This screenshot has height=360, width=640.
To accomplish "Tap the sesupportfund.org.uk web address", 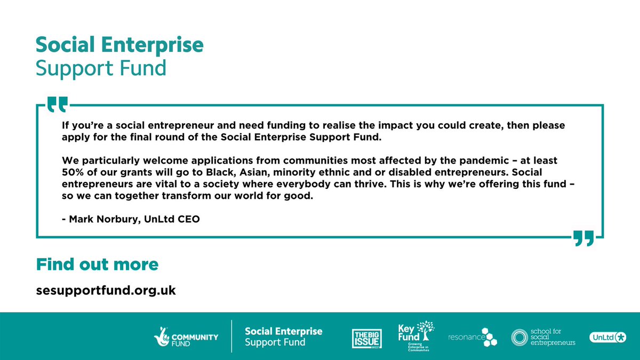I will (106, 291).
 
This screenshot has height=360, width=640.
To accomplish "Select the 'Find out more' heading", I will (97, 264).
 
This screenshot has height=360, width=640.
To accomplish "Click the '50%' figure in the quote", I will (73, 172).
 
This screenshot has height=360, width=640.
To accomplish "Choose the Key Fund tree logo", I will (416, 336).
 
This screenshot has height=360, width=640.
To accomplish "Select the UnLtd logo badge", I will (607, 337).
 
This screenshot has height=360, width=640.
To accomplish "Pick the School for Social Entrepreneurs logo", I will (543, 337).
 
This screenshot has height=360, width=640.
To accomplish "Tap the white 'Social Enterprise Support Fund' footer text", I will (283, 337).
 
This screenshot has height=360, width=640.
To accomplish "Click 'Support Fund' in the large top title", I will (101, 69).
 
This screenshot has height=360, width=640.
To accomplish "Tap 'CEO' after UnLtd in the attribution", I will (189, 219).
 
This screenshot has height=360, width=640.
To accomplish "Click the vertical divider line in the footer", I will (231, 337).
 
